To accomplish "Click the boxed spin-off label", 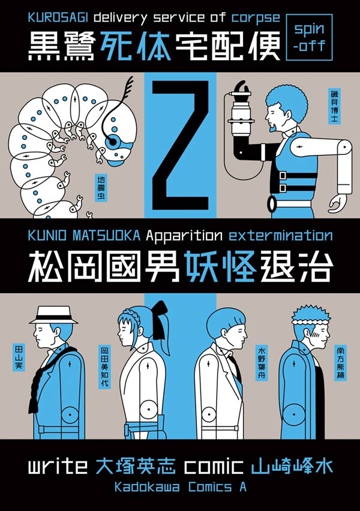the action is tap(309, 37).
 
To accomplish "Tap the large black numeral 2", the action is tap(181, 145).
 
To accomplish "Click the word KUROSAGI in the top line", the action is tap(58, 17).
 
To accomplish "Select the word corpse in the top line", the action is tap(256, 18).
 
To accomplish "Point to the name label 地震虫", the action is tap(101, 188).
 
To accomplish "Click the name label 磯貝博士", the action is tap(334, 106).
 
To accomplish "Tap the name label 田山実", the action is tap(18, 357).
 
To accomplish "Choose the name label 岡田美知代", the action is tap(105, 367).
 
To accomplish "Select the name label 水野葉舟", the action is tap(262, 363).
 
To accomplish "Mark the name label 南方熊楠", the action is tap(341, 363).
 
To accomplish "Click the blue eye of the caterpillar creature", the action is tap(113, 142).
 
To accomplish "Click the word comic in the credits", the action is tap(214, 466).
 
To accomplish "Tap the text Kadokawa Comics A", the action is tap(181, 487).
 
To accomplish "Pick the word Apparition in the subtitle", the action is tap(184, 235).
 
